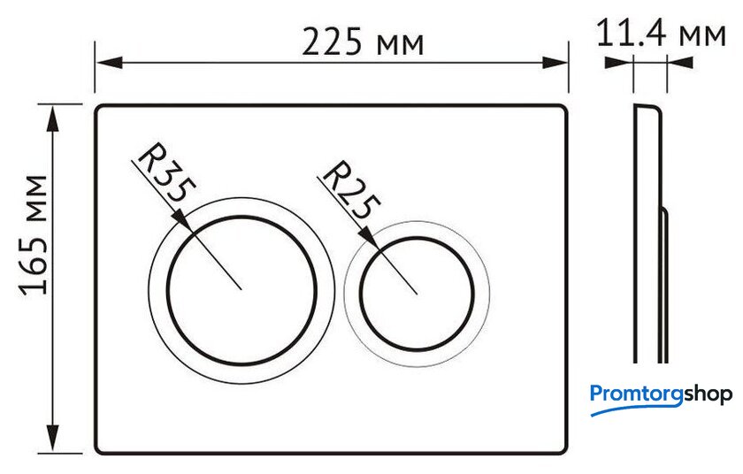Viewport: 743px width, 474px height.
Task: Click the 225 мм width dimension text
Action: point(363,42)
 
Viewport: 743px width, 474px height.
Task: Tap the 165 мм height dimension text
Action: point(34,235)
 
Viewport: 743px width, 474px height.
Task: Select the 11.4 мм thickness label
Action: point(661,33)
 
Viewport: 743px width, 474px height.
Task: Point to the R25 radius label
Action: point(351,190)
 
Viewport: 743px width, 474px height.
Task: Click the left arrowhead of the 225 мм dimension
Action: point(109,62)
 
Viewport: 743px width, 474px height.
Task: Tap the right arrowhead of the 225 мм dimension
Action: point(555,62)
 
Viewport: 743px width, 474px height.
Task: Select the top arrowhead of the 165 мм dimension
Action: point(53,118)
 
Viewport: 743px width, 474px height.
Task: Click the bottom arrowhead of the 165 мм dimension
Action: point(53,439)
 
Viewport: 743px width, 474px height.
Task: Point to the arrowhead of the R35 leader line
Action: point(183,221)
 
